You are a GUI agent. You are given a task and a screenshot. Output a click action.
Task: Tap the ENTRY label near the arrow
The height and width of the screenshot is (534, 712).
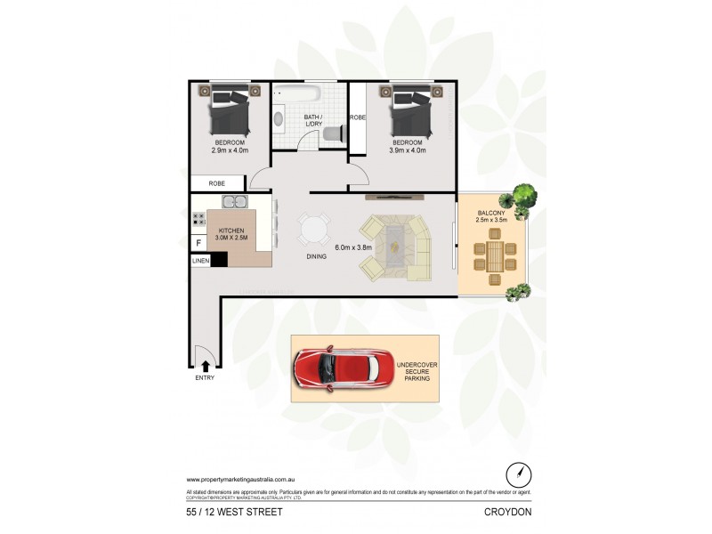click(x=205, y=378)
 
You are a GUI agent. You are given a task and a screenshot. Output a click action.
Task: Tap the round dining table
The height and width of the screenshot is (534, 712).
click(x=312, y=231)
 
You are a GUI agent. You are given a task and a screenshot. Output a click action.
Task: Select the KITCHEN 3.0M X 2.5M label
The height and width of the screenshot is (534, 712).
click(x=231, y=234)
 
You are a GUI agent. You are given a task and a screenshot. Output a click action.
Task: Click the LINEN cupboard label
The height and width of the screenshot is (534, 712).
click(x=200, y=261)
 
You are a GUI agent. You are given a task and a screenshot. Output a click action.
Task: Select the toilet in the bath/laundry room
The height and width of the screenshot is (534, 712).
click(x=332, y=133)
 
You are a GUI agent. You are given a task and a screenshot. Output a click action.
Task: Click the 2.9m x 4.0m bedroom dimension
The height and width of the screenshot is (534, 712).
click(x=230, y=150)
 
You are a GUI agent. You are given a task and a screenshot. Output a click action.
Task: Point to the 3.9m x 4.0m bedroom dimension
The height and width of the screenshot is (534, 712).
click(x=408, y=150)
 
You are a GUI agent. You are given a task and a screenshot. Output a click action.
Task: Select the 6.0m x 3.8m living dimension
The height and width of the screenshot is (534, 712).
click(x=352, y=248)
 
